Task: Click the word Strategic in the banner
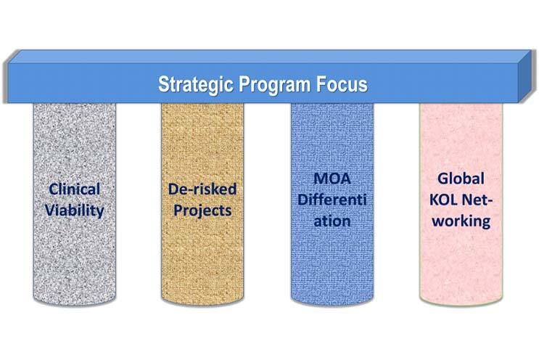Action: click(196, 85)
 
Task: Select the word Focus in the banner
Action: click(342, 84)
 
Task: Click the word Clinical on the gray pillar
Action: click(74, 189)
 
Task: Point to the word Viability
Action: click(74, 210)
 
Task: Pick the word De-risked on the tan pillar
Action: click(202, 189)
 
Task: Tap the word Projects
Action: click(202, 210)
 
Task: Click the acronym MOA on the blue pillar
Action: click(332, 179)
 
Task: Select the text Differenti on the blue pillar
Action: click(332, 200)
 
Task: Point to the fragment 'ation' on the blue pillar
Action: click(332, 221)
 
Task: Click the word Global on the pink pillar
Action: click(461, 179)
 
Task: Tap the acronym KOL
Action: click(443, 200)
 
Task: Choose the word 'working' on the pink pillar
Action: click(461, 221)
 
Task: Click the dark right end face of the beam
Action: click(527, 76)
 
